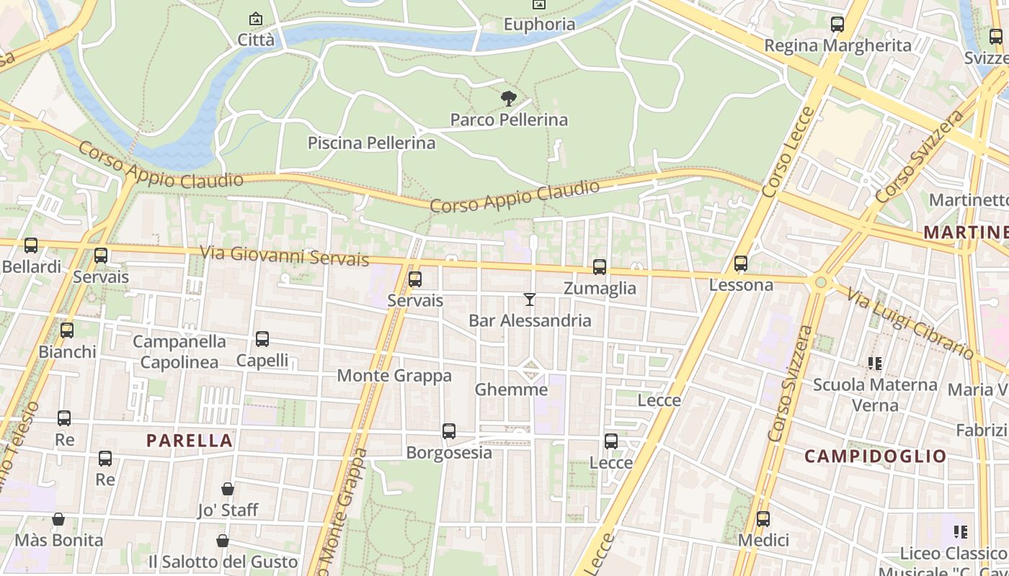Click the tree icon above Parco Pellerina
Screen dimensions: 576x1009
tap(508, 98)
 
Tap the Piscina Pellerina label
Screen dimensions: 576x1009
tap(371, 143)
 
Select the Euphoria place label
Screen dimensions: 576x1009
tap(539, 24)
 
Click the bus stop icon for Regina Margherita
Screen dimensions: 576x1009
tap(837, 24)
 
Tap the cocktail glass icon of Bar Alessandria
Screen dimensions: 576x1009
tap(530, 299)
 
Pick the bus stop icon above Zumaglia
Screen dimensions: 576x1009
tap(600, 267)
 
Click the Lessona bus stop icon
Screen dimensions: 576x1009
tap(741, 264)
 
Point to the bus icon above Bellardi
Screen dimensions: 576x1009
tap(31, 246)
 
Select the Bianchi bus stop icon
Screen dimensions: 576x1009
tap(67, 330)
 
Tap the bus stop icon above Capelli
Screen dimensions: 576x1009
tap(262, 339)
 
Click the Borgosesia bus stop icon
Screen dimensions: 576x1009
tap(449, 431)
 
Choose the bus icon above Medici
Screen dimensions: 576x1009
tap(763, 518)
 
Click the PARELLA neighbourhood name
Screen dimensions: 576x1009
tap(190, 441)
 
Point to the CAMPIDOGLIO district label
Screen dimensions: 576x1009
tap(875, 456)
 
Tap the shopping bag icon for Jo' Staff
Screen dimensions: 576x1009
tap(228, 489)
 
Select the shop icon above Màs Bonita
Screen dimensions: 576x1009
tap(58, 519)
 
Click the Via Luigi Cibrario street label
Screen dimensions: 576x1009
tap(910, 323)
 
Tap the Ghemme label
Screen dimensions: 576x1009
tap(511, 390)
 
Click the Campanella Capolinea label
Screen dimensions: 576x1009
tap(179, 351)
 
